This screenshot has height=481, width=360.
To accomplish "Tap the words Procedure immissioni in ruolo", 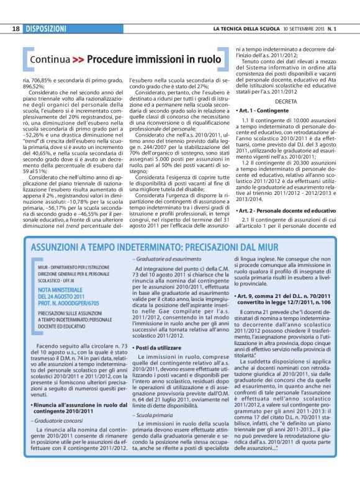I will click(154, 60).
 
